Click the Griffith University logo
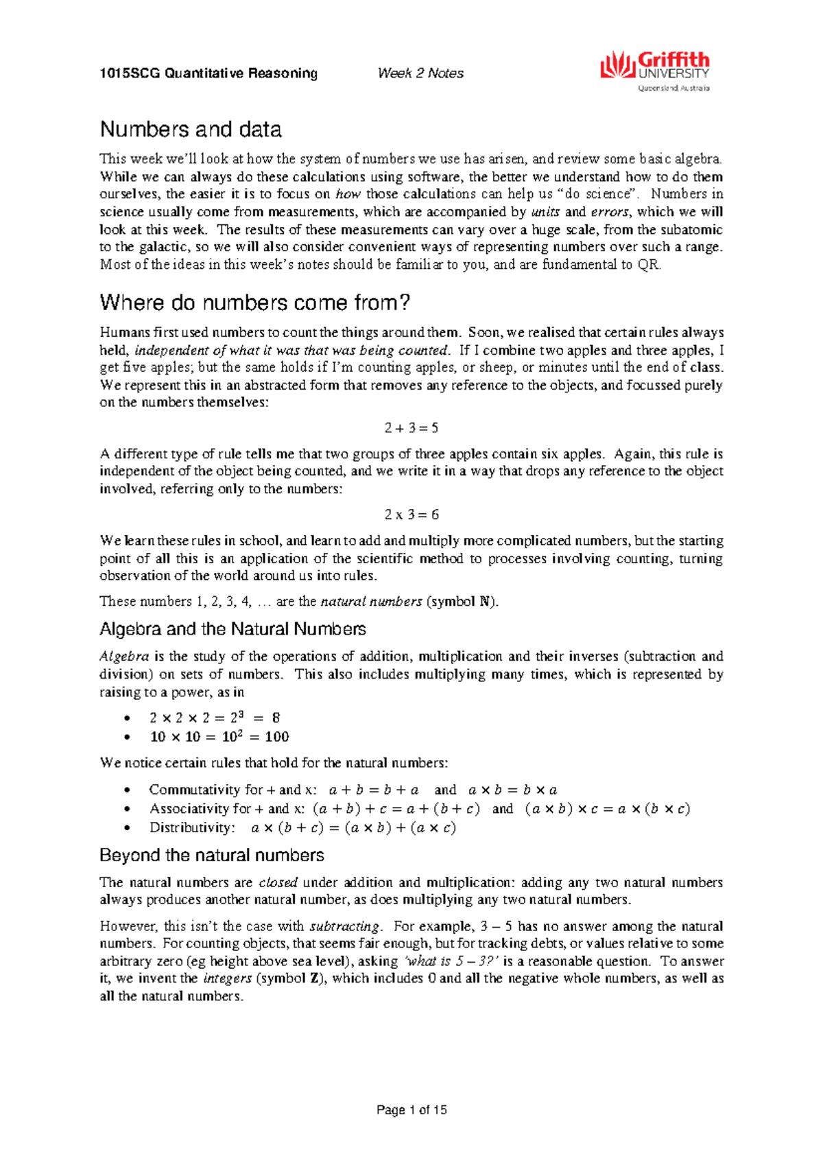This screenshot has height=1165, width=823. pos(655,71)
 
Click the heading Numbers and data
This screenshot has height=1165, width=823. pos(191,130)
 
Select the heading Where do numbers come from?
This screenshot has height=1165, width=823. pos(254,303)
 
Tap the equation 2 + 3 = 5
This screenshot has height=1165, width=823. pos(411,428)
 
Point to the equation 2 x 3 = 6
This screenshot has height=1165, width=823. pos(411,515)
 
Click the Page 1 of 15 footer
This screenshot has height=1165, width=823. pos(411,1110)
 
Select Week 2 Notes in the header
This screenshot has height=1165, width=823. pos(420,73)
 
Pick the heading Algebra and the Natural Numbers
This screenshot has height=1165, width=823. pos(232,629)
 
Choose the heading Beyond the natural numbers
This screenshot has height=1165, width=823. pos(211,856)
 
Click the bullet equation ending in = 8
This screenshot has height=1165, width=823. pos(215,718)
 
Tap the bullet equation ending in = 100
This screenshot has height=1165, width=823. pos(219,737)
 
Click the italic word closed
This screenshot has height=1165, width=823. pos(278,883)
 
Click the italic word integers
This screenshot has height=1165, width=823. pos(228,978)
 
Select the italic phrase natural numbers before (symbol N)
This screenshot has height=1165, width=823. pos(371,602)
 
